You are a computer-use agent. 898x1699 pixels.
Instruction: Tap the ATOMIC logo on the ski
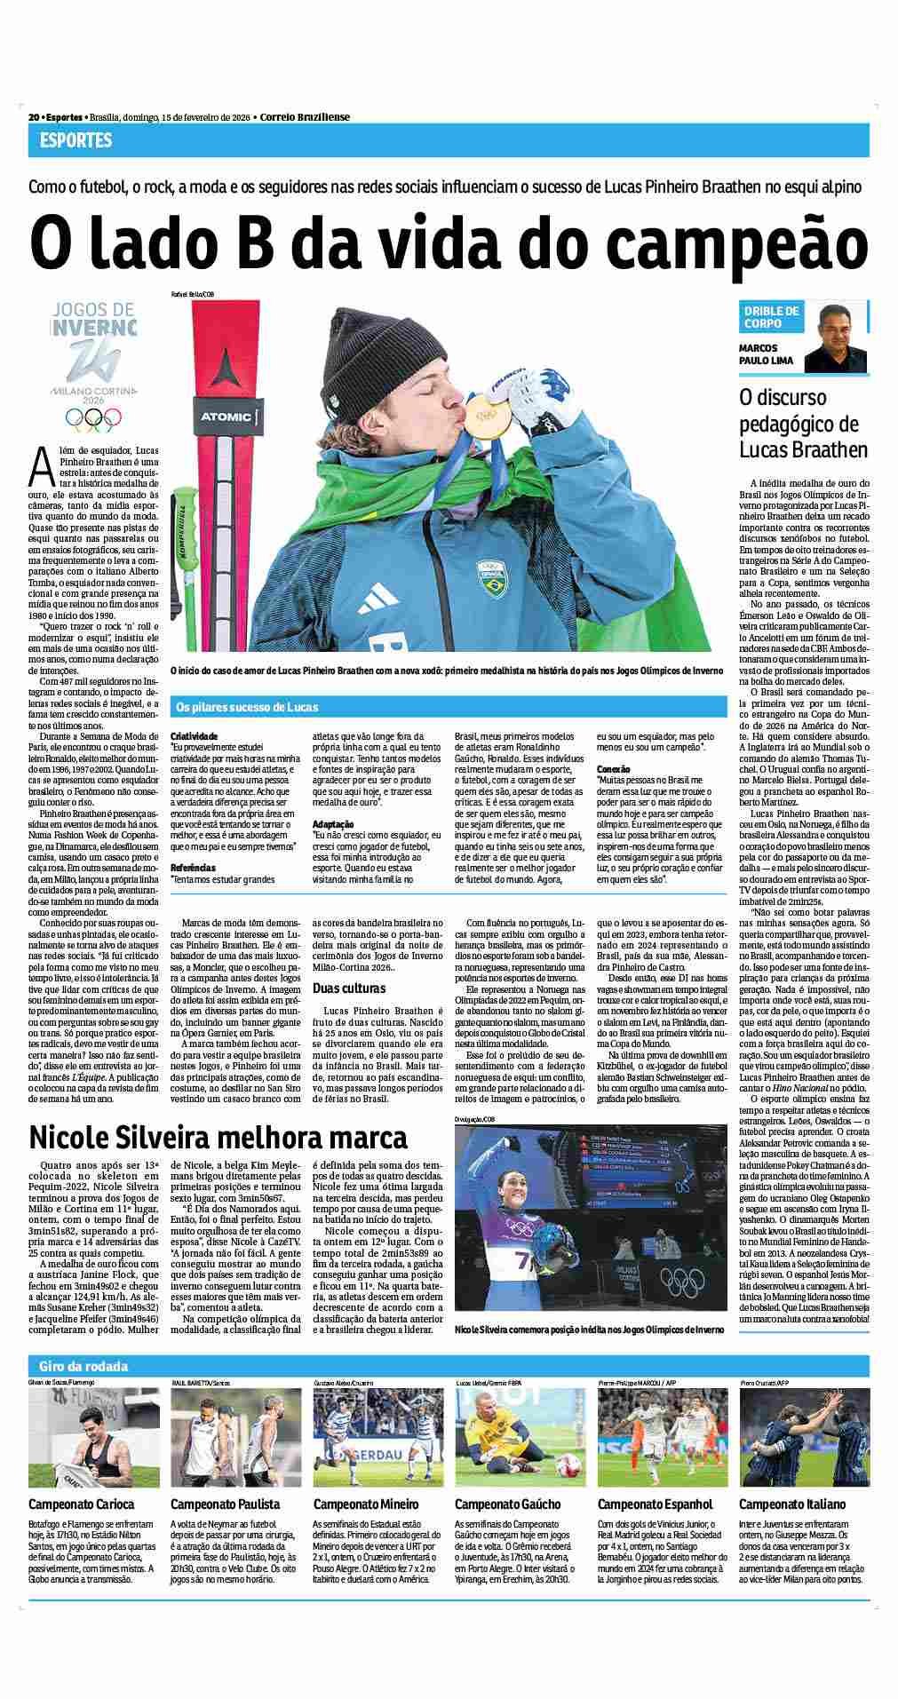pos(219,415)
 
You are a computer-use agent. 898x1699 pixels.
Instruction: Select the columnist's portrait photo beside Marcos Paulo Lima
pos(836,338)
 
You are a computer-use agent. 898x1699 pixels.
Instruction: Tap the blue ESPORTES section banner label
pos(76,140)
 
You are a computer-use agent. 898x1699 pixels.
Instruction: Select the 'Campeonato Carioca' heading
pos(82,1504)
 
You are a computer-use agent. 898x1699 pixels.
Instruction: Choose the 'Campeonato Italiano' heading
pos(792,1504)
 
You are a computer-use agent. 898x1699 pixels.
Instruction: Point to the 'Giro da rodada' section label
pos(83,1366)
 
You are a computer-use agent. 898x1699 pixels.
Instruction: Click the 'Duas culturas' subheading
pos(349,988)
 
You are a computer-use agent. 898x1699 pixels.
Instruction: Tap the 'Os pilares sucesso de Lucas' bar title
pos(247,707)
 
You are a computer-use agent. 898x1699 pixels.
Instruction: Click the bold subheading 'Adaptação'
pos(333,824)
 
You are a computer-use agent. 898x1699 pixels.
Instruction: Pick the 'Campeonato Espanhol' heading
pos(655,1504)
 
